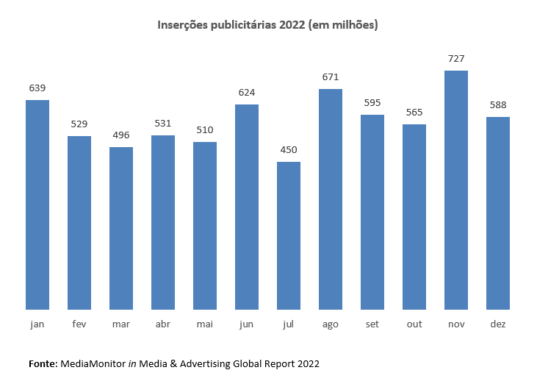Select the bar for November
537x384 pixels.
coord(456,190)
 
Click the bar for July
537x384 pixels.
coord(289,235)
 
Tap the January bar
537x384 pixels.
coord(37,205)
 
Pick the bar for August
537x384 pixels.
coord(331,199)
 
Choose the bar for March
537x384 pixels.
coord(121,228)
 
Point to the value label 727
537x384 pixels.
coord(456,59)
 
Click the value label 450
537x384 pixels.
coord(289,150)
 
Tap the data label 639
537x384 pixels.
coord(37,88)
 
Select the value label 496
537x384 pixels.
coord(121,135)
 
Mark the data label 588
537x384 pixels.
coord(498,105)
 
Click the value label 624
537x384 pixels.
coord(247,93)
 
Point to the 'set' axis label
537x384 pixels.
coord(372,324)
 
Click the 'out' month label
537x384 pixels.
coord(414,324)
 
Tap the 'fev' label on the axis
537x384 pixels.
coord(79,324)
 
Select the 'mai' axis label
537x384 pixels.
coord(205,324)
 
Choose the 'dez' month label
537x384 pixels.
coord(498,324)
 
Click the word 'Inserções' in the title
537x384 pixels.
coord(183,25)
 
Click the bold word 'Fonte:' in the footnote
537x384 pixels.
coord(43,363)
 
